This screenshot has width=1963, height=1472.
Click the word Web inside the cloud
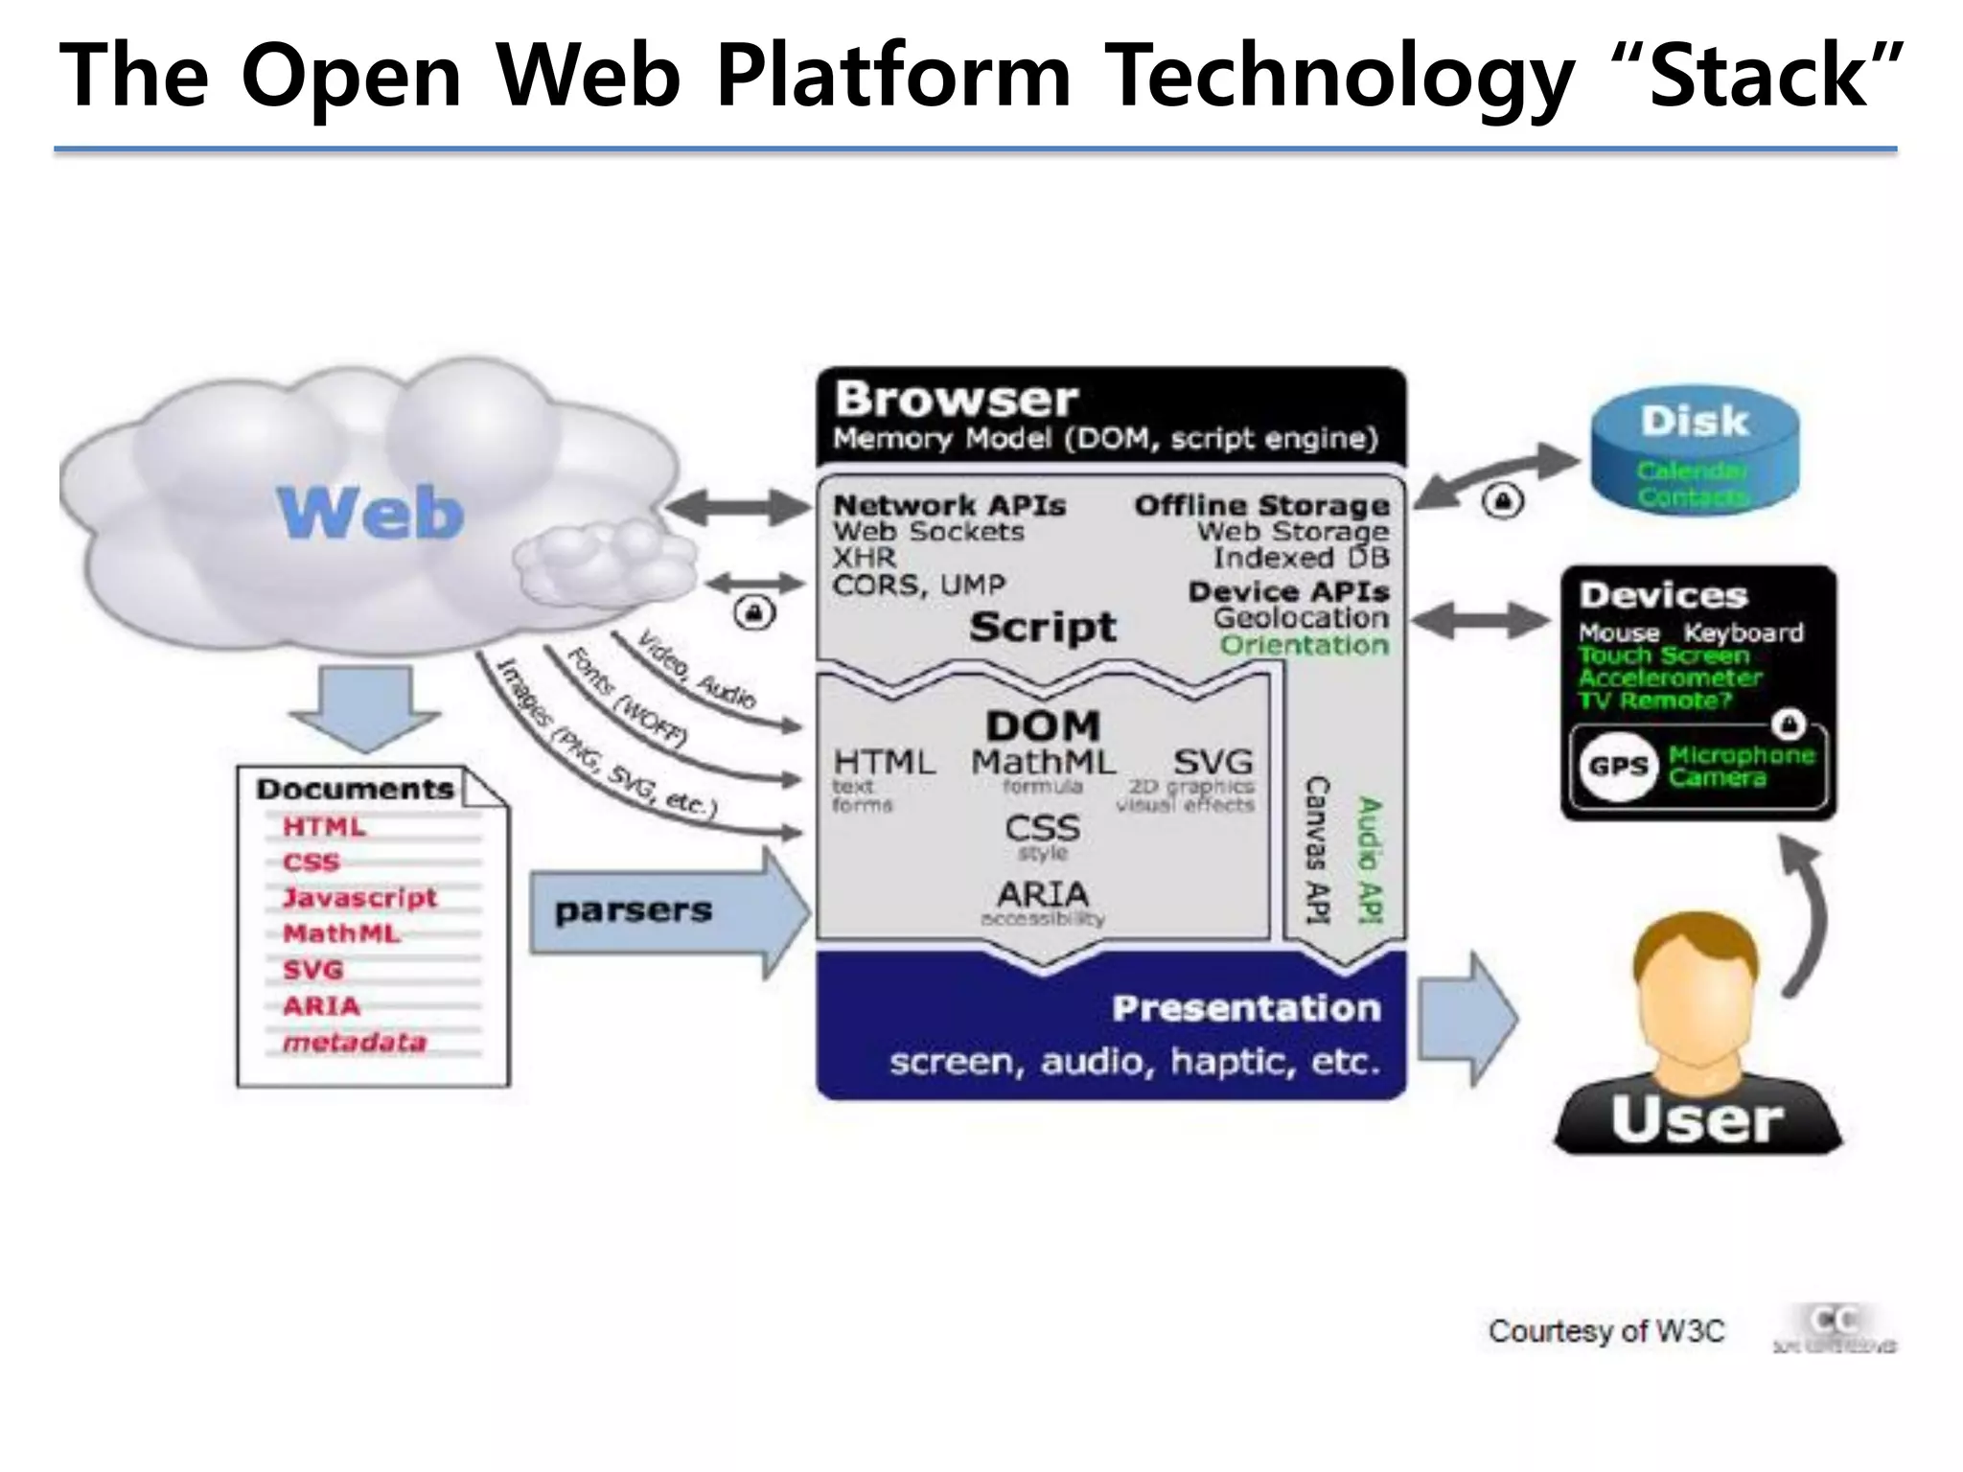point(372,513)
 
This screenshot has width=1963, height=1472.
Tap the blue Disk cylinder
point(1695,455)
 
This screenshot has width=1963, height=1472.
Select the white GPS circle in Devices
point(1618,766)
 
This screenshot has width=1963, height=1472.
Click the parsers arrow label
point(634,910)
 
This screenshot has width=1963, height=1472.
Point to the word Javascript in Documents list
point(359,898)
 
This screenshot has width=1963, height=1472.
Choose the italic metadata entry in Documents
point(354,1042)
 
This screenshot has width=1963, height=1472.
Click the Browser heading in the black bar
point(956,399)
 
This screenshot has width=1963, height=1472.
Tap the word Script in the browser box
point(1042,628)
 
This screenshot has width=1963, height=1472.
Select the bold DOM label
point(1043,725)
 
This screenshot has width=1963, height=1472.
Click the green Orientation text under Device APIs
point(1304,645)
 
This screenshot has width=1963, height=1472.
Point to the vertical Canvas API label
point(1318,850)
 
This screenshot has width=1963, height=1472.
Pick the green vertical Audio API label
point(1371,860)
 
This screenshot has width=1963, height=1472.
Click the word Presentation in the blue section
point(1246,1008)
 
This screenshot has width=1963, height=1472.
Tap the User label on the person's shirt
point(1697,1119)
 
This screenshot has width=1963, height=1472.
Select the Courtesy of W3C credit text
point(1605,1331)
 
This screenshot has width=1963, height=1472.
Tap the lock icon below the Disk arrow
point(1502,501)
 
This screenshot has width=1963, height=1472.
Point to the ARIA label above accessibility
point(1043,895)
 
